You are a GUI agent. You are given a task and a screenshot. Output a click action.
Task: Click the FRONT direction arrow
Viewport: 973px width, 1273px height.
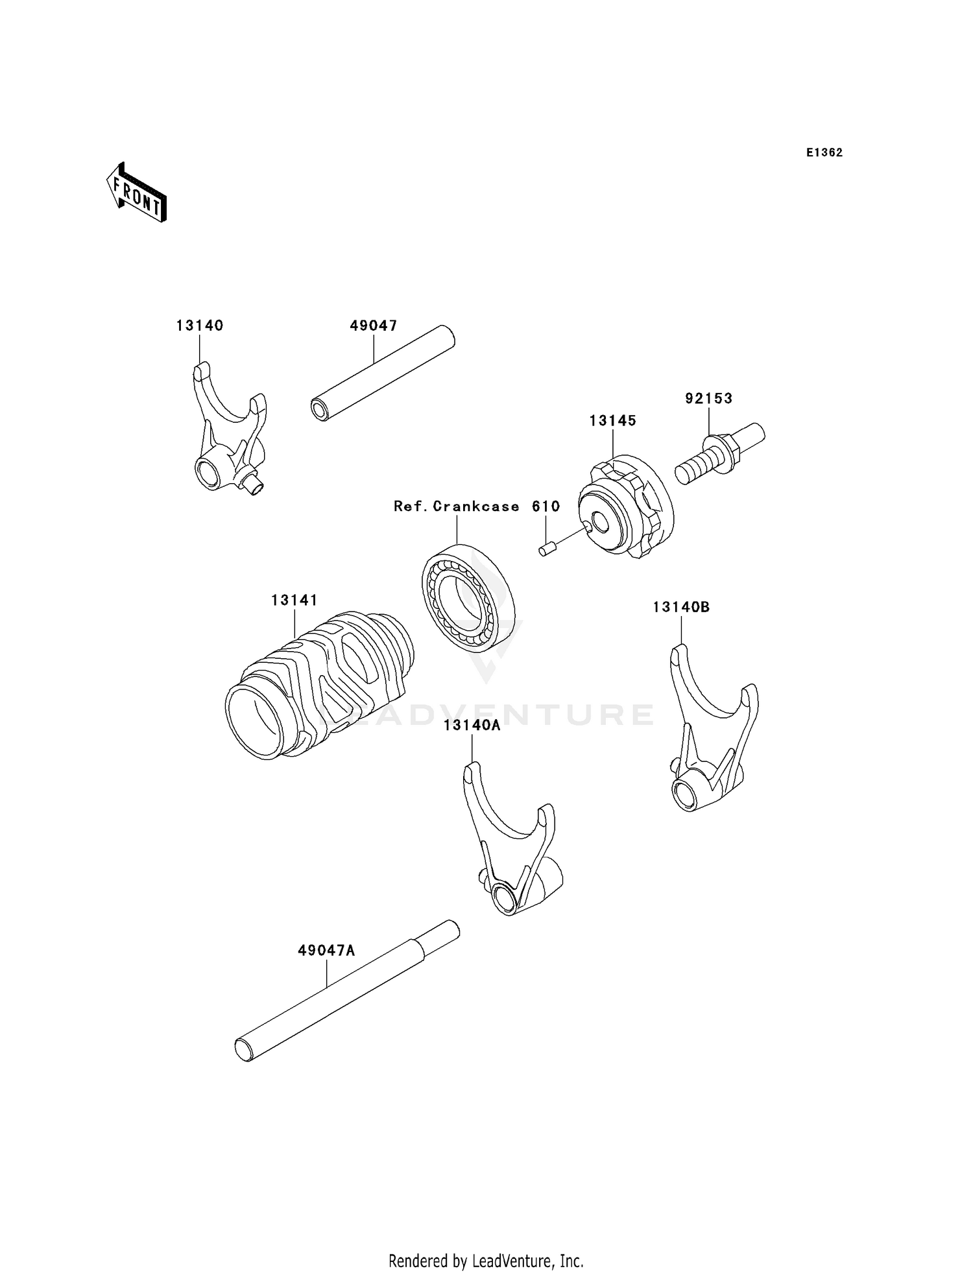pyautogui.click(x=137, y=193)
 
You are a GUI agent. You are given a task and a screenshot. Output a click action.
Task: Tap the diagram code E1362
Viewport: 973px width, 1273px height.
pyautogui.click(x=824, y=152)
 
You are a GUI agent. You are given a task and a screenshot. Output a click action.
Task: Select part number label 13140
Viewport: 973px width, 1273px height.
pyautogui.click(x=200, y=326)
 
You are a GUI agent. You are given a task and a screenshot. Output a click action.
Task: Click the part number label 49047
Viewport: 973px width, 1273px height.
pyautogui.click(x=374, y=326)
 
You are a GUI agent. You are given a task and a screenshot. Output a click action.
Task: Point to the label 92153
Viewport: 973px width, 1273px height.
pyautogui.click(x=709, y=398)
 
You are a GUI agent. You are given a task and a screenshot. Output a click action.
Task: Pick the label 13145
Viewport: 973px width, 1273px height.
pyautogui.click(x=613, y=420)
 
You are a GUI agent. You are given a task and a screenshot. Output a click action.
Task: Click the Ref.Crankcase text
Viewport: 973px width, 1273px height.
pyautogui.click(x=457, y=506)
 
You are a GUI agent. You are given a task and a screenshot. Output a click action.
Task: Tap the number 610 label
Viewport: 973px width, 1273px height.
pyautogui.click(x=546, y=506)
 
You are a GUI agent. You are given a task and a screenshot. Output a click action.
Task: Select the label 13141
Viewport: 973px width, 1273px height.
pyautogui.click(x=294, y=601)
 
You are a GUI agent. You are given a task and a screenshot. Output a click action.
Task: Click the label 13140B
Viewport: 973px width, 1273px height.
pyautogui.click(x=681, y=607)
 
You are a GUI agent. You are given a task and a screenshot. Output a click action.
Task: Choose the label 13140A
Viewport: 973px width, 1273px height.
pyautogui.click(x=472, y=725)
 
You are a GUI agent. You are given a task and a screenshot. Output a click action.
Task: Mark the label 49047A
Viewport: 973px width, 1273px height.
pyautogui.click(x=327, y=951)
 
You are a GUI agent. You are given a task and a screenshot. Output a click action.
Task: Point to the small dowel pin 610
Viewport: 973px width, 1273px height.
pyautogui.click(x=544, y=551)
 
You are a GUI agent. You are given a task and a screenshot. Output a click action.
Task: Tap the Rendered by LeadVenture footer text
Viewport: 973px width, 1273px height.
pyautogui.click(x=486, y=1261)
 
